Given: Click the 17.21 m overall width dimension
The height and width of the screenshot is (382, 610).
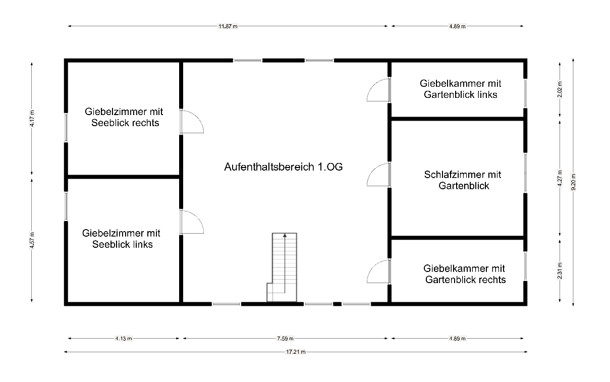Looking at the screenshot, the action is pyautogui.click(x=296, y=352).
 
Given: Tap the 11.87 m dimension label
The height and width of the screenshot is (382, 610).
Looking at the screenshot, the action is pyautogui.click(x=228, y=26).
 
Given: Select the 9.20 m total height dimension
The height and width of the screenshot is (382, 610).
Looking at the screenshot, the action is pyautogui.click(x=573, y=182).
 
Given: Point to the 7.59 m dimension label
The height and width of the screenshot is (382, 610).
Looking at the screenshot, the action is pyautogui.click(x=286, y=339).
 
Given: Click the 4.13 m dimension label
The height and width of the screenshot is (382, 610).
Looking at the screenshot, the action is pyautogui.click(x=123, y=339).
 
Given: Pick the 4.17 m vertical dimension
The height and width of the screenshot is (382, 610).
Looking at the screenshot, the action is pyautogui.click(x=32, y=119).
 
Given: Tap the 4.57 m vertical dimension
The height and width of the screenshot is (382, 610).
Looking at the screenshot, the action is pyautogui.click(x=32, y=240).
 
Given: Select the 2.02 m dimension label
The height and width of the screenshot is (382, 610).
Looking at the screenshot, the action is pyautogui.click(x=560, y=89).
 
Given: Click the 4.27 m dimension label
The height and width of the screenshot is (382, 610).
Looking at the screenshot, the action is pyautogui.click(x=560, y=178).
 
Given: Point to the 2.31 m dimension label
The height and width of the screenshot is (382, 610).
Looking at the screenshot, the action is pyautogui.click(x=560, y=271).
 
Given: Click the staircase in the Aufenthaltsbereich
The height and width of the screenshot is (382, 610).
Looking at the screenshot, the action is pyautogui.click(x=282, y=267).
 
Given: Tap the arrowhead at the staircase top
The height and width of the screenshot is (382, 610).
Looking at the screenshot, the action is pyautogui.click(x=285, y=235).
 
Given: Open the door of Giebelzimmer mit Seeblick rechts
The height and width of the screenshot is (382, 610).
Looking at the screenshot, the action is pyautogui.click(x=192, y=122).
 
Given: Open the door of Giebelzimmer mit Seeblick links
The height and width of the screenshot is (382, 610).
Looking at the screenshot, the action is pyautogui.click(x=192, y=222).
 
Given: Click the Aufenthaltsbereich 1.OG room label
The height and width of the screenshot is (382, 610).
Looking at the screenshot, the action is pyautogui.click(x=283, y=167).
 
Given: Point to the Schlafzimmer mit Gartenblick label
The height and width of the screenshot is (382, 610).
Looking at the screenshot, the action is pyautogui.click(x=463, y=180).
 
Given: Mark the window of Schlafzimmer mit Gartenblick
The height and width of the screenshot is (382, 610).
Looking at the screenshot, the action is pyautogui.click(x=525, y=173).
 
